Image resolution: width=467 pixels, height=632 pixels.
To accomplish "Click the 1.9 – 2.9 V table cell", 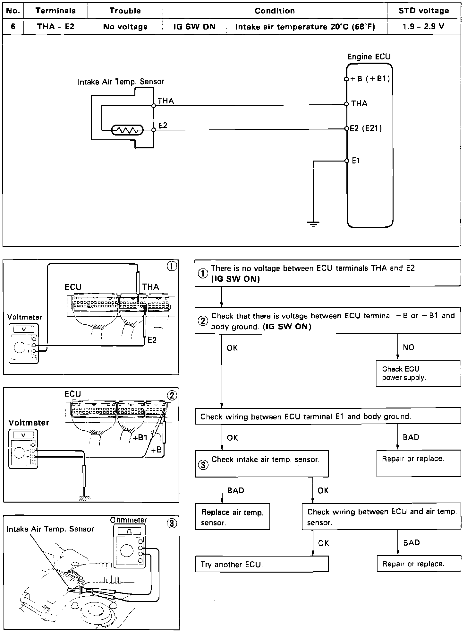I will coord(423,26).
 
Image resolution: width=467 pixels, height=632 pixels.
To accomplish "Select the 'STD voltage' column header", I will coord(423,11).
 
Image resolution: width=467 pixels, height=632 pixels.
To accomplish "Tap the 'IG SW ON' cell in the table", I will coord(194,27).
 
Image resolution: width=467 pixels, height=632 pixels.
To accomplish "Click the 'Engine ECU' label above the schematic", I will coord(369,57).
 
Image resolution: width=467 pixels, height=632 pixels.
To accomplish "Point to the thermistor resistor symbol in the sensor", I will coord(127,130).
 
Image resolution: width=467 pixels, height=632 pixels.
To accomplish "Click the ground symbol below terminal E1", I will coord(313,224).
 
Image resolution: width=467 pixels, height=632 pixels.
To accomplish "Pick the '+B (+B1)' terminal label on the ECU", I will coord(370,79).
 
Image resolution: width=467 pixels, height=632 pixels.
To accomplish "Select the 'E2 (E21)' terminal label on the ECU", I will coord(366,128).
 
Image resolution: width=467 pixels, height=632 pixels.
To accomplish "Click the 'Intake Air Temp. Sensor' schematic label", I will coord(121,82).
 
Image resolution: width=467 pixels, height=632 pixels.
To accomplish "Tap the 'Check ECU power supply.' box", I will coord(418,373).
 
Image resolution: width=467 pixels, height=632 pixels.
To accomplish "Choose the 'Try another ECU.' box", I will coord(262,564).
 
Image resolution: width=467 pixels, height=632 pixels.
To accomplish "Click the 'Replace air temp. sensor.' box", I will coord(232,517).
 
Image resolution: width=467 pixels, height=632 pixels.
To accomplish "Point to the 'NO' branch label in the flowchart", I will coord(408,347).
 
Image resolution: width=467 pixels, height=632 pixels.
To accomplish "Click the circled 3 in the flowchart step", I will coord(203,465).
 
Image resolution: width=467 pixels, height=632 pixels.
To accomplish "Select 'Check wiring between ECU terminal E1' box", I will coord(327,417).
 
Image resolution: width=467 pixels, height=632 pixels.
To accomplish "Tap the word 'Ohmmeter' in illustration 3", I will coord(128,520).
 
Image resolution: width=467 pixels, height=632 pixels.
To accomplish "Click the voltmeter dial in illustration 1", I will coord(20,347).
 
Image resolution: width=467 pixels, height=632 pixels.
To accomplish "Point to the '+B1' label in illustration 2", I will coord(140,437).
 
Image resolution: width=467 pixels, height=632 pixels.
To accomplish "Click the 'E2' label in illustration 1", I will coord(152,340).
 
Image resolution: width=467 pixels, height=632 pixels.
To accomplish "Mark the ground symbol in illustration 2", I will coord(84,498).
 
